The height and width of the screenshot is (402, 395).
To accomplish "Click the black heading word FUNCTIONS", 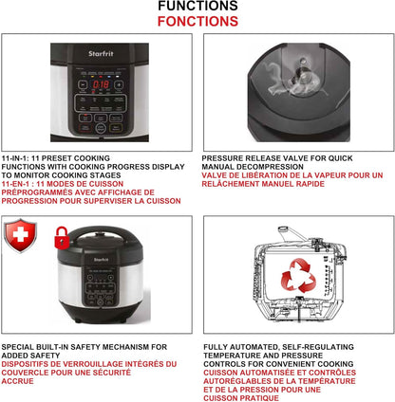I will click(x=197, y=7).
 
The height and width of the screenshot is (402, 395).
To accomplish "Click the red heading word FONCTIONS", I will click(x=197, y=21).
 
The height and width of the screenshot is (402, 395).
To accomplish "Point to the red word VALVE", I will click(x=218, y=175).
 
